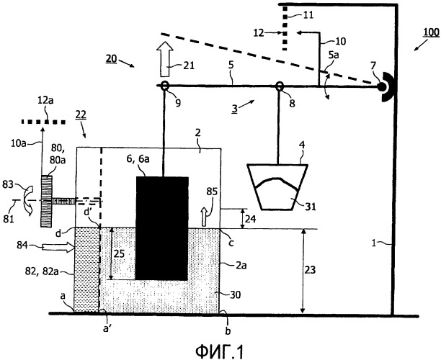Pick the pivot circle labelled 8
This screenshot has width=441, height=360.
pyautogui.click(x=279, y=86)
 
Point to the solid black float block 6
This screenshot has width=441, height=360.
pyautogui.click(x=163, y=227)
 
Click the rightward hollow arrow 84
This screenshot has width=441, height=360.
pyautogui.click(x=57, y=247)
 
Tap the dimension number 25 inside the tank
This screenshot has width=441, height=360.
pyautogui.click(x=119, y=254)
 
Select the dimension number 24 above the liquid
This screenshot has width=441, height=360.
pyautogui.click(x=251, y=218)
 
